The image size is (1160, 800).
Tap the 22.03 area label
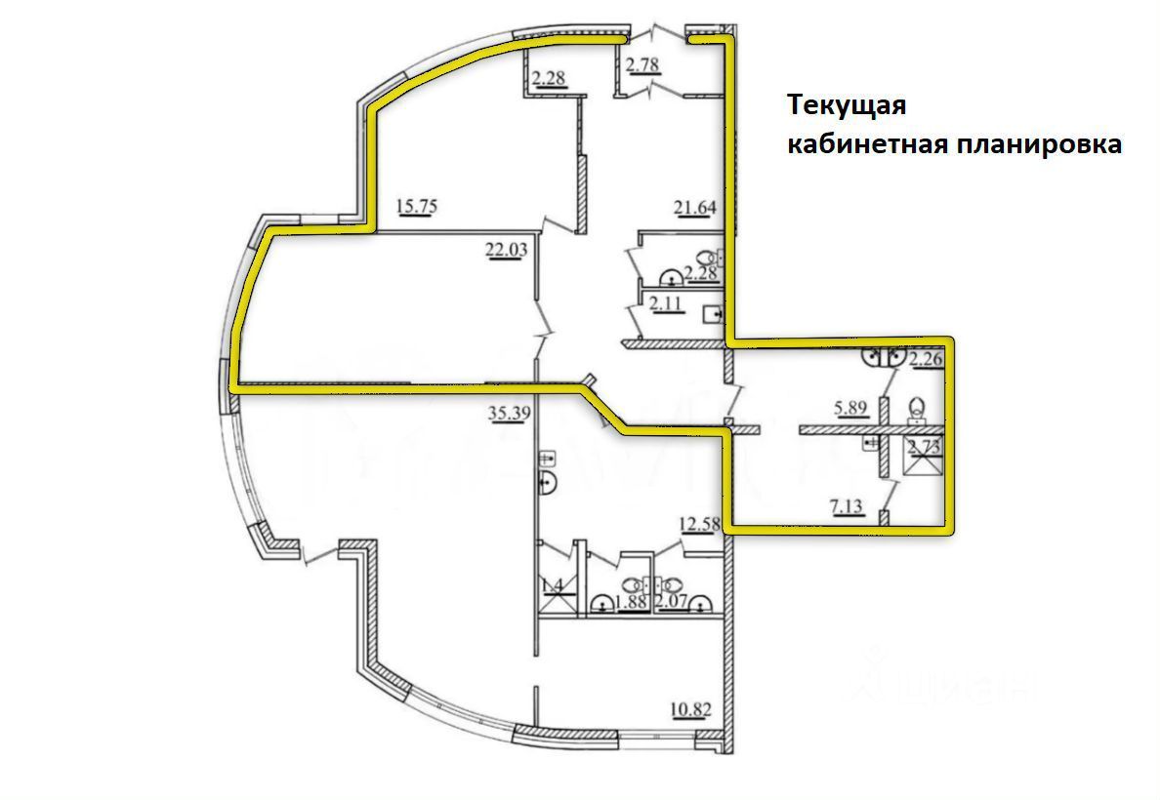click(x=506, y=250)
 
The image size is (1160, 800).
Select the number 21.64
click(x=694, y=206)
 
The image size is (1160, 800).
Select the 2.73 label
click(x=925, y=447)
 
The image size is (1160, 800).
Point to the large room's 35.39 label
click(x=507, y=414)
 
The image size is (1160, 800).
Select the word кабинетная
click(x=868, y=144)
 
